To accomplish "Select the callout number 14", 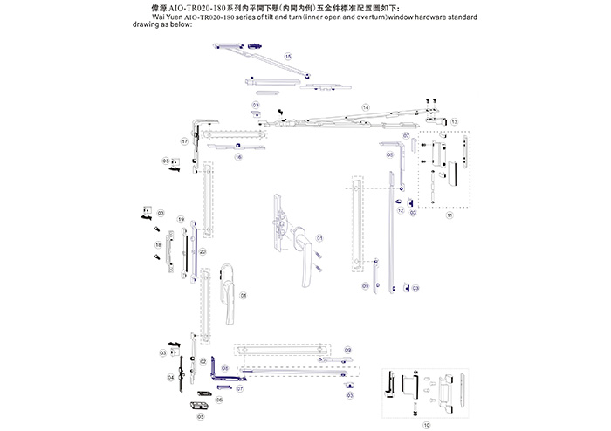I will click(x=366, y=107).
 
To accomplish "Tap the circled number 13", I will click(x=454, y=121).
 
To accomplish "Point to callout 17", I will click(x=185, y=140).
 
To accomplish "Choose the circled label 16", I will click(x=237, y=157).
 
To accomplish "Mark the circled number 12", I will click(x=400, y=211).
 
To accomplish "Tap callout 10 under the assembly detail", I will click(x=427, y=425).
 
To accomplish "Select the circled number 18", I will click(x=159, y=245).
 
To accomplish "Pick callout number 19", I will click(x=181, y=218).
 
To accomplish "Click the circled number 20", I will click(x=203, y=251).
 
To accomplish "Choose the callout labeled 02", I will click(x=203, y=361).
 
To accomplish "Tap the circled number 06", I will click(x=219, y=399).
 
